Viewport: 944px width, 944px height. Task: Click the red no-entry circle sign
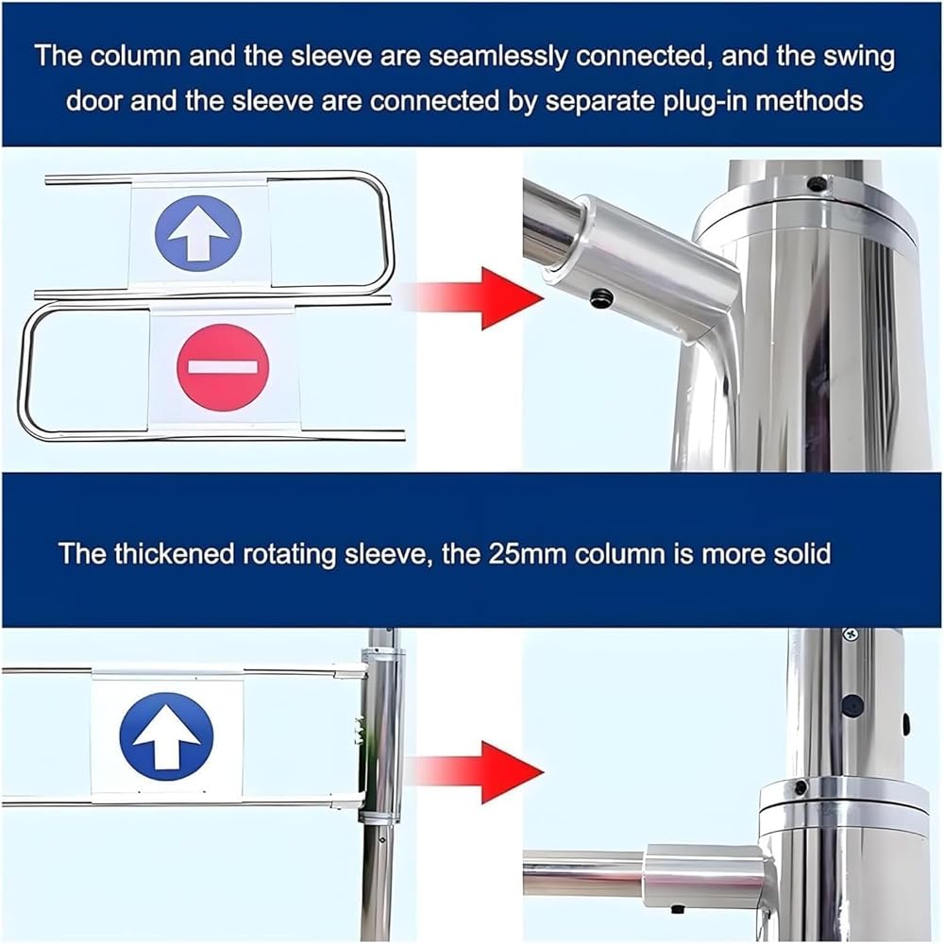click(x=223, y=367)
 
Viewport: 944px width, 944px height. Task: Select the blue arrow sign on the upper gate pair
click(x=198, y=232)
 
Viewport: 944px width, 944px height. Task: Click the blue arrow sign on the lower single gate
click(x=167, y=735)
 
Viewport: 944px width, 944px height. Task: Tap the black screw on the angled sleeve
click(x=602, y=297)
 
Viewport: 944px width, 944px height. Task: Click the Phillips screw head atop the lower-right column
click(x=851, y=634)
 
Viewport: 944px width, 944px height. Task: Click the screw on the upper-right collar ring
click(x=817, y=183)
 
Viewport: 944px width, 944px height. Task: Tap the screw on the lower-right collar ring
click(x=801, y=787)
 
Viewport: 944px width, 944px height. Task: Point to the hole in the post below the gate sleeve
click(x=380, y=838)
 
